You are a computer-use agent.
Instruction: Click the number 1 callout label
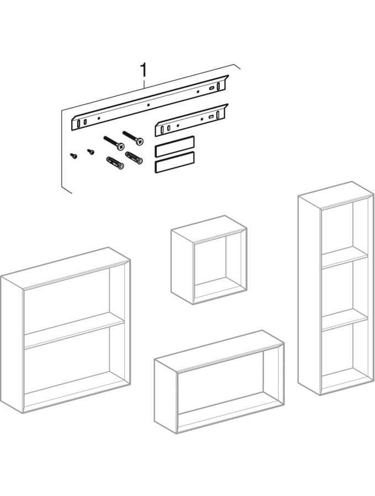point(144,70)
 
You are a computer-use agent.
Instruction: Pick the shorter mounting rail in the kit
point(191,120)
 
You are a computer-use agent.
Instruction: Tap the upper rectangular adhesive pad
point(174,147)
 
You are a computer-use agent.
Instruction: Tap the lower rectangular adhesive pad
point(174,162)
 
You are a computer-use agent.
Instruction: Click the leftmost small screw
point(74,155)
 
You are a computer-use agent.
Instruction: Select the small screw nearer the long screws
point(91,152)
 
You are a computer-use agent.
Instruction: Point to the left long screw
point(114,143)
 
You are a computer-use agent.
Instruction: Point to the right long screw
point(133,138)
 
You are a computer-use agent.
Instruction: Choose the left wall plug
point(115,163)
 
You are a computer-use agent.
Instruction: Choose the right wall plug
point(134,158)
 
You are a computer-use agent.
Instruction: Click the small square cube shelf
point(208,260)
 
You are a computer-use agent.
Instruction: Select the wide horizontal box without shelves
point(219,382)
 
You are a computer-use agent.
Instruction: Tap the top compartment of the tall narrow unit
point(337,229)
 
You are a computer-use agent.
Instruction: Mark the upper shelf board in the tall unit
point(345,257)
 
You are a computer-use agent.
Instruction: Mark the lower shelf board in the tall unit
point(345,320)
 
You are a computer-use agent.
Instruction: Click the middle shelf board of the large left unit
point(74,331)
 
